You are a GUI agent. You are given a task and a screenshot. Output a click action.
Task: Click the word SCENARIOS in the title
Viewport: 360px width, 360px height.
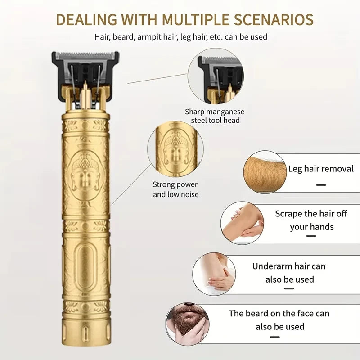coord(274,19)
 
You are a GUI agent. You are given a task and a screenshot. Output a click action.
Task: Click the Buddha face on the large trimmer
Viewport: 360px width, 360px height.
coord(85,175)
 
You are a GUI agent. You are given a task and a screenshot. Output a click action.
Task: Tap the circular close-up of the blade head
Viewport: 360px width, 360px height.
coord(216,76)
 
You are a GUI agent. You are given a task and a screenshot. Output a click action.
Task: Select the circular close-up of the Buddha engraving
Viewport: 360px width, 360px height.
coord(175,149)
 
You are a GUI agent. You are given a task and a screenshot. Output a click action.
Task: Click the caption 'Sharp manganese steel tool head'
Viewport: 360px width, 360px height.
coord(215,116)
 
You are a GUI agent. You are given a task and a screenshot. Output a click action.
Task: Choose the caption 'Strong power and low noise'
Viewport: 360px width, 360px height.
coord(175,189)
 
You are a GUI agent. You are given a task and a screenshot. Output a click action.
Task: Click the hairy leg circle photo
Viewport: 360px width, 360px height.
coord(265,172)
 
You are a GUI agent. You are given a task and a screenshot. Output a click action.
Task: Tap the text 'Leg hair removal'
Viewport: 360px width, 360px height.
coord(321,169)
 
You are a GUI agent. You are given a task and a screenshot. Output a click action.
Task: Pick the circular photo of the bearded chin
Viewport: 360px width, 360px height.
coord(187,324)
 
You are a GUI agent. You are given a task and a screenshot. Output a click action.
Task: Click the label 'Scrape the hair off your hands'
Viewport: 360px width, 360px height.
coord(311,220)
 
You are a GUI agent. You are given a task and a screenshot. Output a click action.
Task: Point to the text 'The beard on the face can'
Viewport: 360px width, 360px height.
coord(279,313)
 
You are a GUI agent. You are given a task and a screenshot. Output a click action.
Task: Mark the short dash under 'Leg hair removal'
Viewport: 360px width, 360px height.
coord(321,185)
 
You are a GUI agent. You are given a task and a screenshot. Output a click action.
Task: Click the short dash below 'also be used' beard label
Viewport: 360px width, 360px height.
coord(275,337)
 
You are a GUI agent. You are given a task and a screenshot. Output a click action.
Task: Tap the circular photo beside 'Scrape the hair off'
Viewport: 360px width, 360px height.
coord(242,223)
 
